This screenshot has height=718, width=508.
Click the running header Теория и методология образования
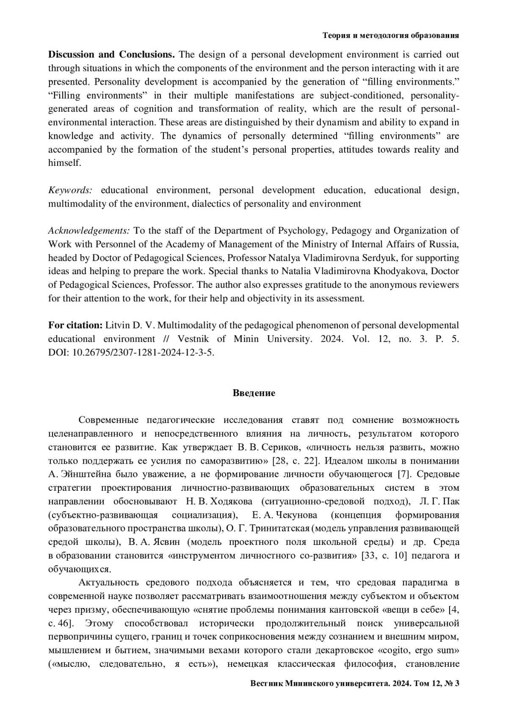pyautogui.click(x=391, y=36)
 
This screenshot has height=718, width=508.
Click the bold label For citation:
pyautogui.click(x=75, y=325)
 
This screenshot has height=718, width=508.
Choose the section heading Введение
pyautogui.click(x=254, y=393)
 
